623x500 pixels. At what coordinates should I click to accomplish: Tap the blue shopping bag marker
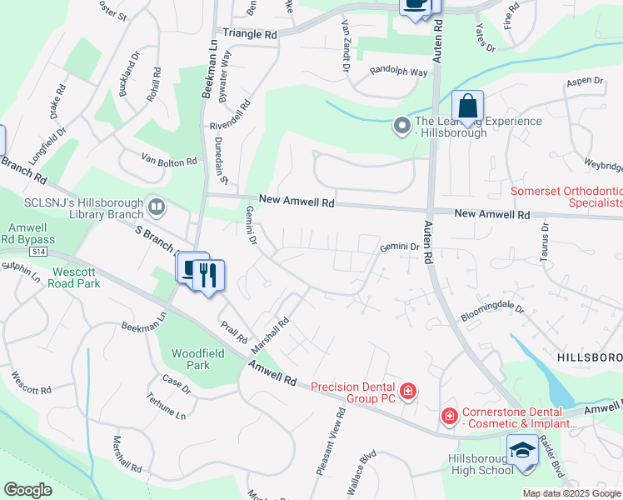pos(468,107)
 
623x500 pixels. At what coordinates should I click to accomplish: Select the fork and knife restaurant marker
pos(208,275)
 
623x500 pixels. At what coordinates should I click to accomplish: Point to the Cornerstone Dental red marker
pos(449,415)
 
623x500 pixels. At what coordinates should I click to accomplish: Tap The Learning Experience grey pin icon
pos(402,127)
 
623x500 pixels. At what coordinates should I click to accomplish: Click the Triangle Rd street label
pos(250,34)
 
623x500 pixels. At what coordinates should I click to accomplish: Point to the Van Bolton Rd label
pos(169,160)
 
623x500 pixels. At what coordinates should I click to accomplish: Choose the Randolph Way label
pos(398,72)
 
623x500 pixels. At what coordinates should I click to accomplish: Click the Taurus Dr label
pos(546,241)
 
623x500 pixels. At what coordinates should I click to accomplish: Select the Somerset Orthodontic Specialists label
pos(566,197)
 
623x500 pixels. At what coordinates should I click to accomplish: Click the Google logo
pos(28,490)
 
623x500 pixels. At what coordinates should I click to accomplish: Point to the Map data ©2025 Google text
pos(571,493)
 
